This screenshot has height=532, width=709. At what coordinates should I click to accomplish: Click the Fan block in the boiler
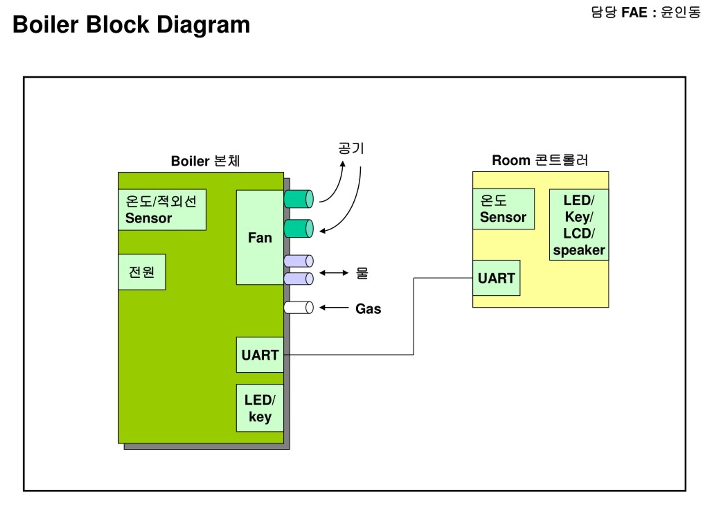click(260, 237)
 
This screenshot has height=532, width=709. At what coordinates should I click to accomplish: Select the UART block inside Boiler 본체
click(260, 355)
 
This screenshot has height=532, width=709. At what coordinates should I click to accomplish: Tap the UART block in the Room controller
click(496, 278)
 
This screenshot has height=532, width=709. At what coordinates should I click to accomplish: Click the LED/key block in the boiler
click(260, 408)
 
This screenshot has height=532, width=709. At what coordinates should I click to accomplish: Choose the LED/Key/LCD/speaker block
click(579, 225)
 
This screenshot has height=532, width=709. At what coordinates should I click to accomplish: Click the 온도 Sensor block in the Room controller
click(503, 209)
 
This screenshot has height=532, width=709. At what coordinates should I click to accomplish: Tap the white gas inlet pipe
click(298, 308)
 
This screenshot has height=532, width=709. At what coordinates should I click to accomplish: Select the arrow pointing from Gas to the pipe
click(334, 308)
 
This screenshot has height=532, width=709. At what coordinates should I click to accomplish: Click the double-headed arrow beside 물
click(334, 273)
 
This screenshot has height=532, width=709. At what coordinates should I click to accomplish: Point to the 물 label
click(362, 273)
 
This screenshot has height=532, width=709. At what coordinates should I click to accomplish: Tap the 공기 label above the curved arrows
click(351, 148)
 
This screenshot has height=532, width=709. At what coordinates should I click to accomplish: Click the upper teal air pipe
click(298, 199)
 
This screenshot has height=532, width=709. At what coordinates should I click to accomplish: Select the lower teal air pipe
click(298, 229)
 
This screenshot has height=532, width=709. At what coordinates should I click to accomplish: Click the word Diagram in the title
click(203, 25)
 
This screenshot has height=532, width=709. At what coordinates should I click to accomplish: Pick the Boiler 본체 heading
click(205, 161)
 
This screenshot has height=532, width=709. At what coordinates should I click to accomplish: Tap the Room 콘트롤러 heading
click(540, 160)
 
